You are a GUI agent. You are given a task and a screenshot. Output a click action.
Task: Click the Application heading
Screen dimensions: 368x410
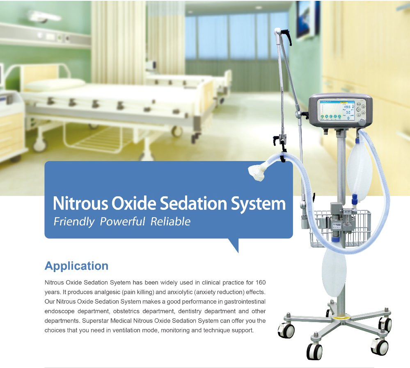[76, 266]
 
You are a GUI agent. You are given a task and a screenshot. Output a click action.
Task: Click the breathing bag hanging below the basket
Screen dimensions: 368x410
[334, 271]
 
